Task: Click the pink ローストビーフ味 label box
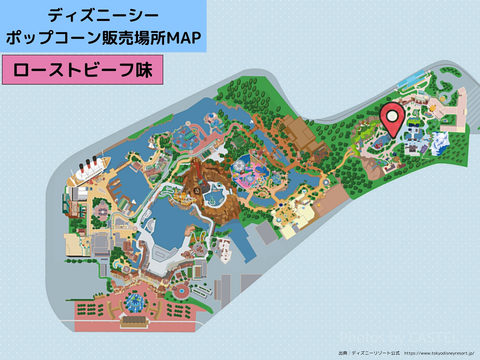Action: [82, 70]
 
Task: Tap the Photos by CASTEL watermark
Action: [398, 338]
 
